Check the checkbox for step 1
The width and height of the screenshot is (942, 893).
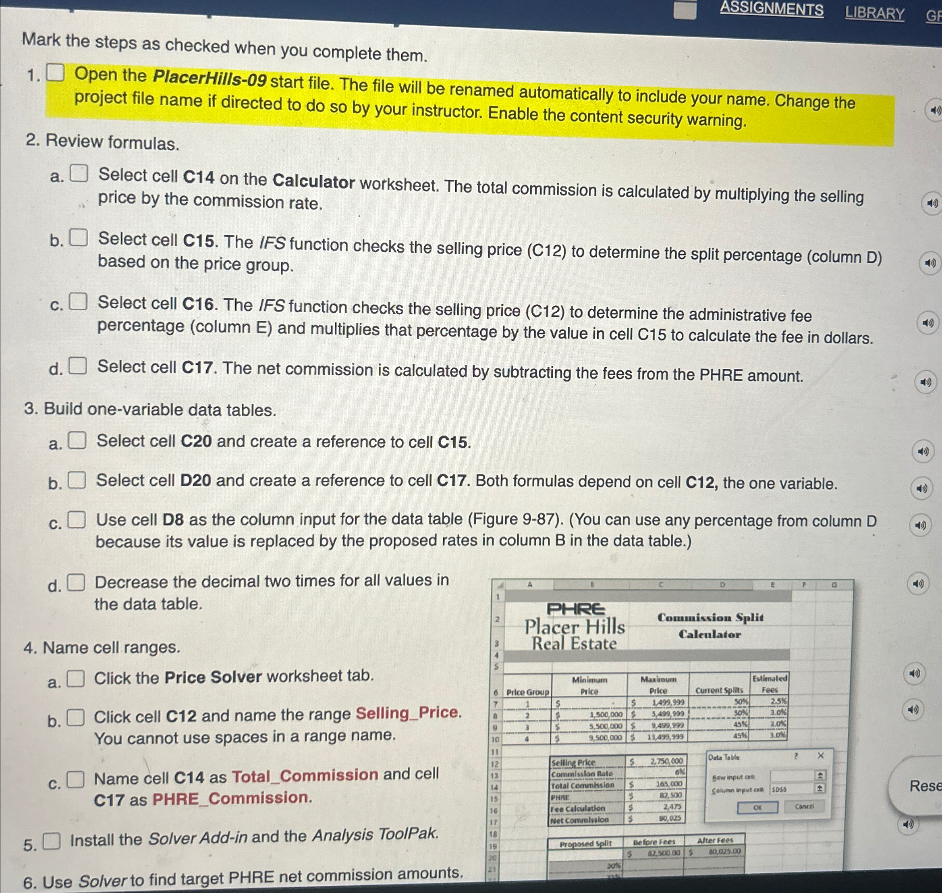point(55,73)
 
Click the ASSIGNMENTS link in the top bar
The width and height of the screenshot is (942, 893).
point(771,10)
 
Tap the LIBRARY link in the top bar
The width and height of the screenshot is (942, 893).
point(874,13)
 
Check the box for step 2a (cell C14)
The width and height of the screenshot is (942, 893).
point(79,174)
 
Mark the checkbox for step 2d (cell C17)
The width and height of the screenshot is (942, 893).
point(78,366)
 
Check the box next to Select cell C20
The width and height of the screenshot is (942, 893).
point(77,440)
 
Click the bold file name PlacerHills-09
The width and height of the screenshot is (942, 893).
point(210,79)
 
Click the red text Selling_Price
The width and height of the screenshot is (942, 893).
point(408,712)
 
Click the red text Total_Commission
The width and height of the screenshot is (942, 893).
point(305,775)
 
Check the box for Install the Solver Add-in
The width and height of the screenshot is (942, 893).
point(52,841)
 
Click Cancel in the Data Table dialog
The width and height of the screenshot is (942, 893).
point(804,806)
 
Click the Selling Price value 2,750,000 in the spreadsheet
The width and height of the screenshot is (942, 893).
point(666,761)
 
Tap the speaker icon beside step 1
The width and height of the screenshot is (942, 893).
point(934,110)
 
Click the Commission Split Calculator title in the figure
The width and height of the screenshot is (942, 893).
point(710,625)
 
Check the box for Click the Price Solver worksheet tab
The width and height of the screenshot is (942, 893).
point(76,678)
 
